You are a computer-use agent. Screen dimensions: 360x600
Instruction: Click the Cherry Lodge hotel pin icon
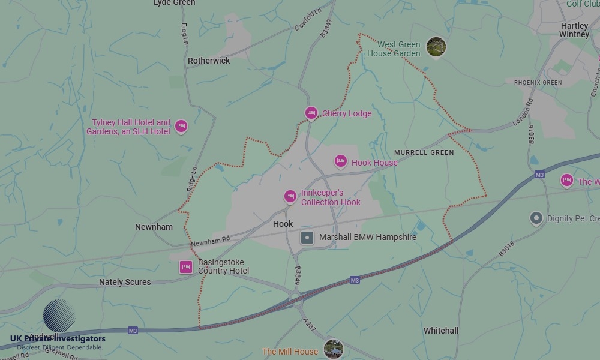click(x=311, y=113)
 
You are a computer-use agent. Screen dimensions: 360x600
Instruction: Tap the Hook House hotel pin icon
click(x=341, y=161)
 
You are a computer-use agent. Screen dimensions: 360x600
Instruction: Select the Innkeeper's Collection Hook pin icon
click(x=290, y=196)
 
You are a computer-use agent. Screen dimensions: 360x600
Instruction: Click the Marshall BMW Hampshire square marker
click(x=307, y=238)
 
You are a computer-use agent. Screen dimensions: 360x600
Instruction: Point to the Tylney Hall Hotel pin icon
click(x=181, y=126)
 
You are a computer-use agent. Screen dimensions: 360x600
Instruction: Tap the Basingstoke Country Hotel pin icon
click(x=186, y=267)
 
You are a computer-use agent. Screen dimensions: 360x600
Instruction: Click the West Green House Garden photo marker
click(x=436, y=47)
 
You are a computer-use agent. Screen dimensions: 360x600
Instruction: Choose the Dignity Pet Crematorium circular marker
click(x=536, y=218)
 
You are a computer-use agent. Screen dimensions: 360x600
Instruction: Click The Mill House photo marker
click(x=333, y=349)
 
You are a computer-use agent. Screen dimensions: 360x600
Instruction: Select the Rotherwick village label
click(x=209, y=61)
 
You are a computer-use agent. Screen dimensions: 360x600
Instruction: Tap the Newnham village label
click(x=154, y=227)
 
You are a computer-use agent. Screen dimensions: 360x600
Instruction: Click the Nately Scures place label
click(x=125, y=282)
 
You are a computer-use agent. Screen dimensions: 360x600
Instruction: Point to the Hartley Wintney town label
click(x=574, y=30)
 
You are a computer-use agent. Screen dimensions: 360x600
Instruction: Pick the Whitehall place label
click(x=441, y=331)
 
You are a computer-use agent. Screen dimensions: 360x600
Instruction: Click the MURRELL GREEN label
click(x=424, y=152)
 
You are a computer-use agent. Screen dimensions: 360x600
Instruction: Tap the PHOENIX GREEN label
click(x=533, y=82)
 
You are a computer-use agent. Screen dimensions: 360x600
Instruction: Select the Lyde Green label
click(x=174, y=3)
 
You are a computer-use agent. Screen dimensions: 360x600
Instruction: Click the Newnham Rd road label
click(x=210, y=241)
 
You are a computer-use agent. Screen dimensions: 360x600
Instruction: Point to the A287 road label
click(x=309, y=323)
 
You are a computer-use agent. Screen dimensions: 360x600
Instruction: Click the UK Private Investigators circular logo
click(x=59, y=316)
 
